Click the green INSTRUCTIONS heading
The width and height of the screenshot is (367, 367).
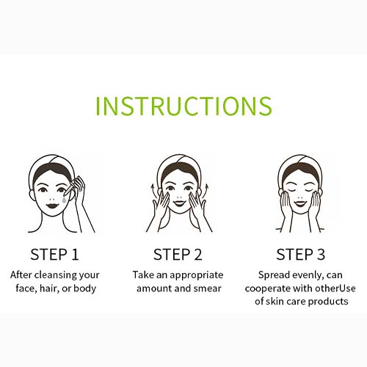click(x=183, y=106)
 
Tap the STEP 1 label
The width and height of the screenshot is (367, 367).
click(x=54, y=255)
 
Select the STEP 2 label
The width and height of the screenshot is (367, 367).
click(x=178, y=255)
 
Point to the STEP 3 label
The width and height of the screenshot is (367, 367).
click(x=301, y=255)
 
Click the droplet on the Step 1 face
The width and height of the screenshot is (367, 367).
click(x=64, y=200)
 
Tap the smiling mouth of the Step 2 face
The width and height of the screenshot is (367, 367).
click(x=179, y=203)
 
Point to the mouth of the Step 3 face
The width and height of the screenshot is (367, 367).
click(x=300, y=203)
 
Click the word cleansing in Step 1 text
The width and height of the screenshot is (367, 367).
click(x=56, y=275)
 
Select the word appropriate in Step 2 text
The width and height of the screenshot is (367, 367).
click(x=197, y=276)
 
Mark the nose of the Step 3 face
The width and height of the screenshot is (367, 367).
click(x=299, y=197)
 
